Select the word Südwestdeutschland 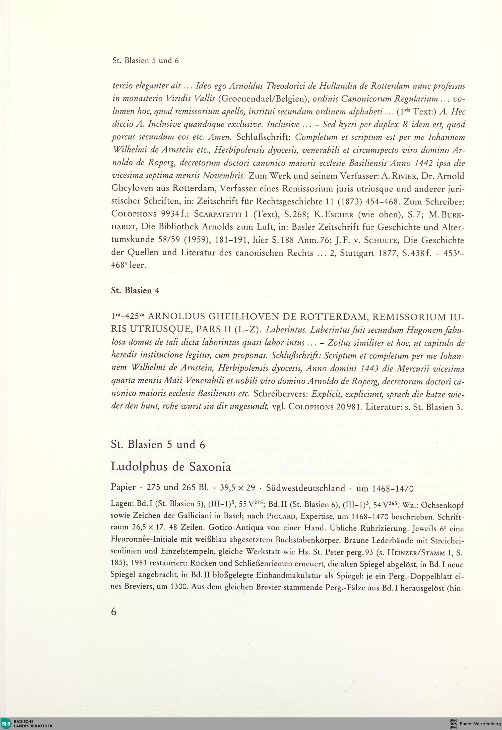point(305,488)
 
